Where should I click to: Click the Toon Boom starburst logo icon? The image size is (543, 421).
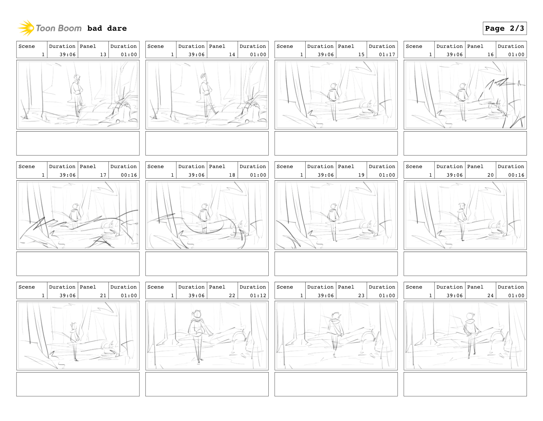(26, 28)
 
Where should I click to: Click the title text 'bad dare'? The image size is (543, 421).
(107, 28)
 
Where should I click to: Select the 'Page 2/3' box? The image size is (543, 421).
(504, 28)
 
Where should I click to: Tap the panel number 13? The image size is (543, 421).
(103, 54)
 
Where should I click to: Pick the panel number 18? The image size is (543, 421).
(232, 175)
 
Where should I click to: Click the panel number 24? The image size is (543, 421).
(490, 296)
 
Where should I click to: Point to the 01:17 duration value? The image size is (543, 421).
(387, 54)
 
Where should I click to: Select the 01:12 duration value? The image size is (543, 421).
(258, 296)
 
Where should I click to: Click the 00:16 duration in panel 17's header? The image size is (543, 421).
(129, 175)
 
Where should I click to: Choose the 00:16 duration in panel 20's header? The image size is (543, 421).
(516, 175)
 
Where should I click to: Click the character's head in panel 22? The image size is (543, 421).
(197, 314)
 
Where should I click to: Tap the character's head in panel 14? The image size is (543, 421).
(204, 76)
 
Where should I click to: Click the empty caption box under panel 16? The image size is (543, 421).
(465, 143)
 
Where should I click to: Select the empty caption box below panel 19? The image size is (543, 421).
(336, 263)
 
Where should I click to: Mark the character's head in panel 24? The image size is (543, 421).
(470, 316)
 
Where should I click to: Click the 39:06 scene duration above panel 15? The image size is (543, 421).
(325, 54)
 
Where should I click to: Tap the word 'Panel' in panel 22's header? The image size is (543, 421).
(217, 287)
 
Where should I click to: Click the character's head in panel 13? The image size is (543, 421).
(77, 78)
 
